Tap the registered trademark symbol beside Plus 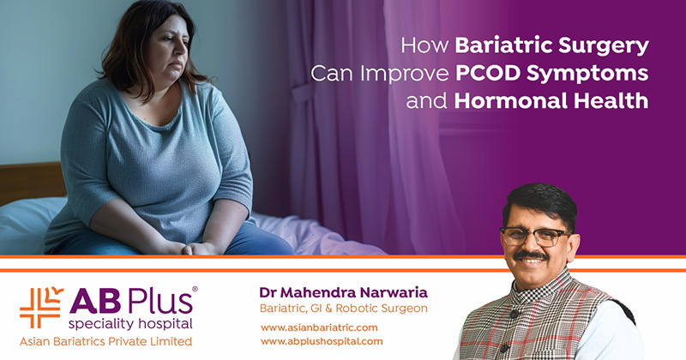click(x=195, y=291)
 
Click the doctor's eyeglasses click(x=534, y=236)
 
